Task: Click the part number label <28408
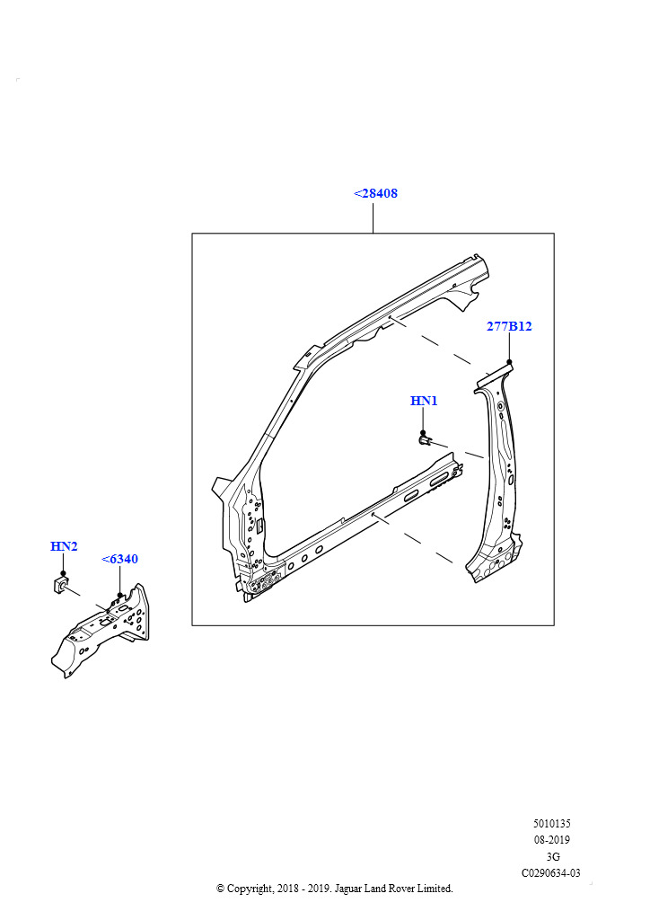[x=375, y=193]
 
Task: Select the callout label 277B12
[x=509, y=326]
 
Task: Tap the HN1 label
[x=424, y=401]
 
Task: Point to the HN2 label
[x=64, y=546]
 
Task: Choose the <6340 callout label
[x=120, y=559]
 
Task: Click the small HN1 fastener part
[x=425, y=439]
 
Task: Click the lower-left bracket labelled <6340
[x=102, y=630]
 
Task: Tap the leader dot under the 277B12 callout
[x=509, y=362]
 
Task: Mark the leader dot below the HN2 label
[x=63, y=573]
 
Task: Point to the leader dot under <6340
[x=119, y=595]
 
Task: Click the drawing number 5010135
[x=551, y=824]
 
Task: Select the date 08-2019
[x=551, y=840]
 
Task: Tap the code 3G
[x=552, y=856]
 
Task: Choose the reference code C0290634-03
[x=551, y=873]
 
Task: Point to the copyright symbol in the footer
[x=220, y=889]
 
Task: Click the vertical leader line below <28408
[x=373, y=217]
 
